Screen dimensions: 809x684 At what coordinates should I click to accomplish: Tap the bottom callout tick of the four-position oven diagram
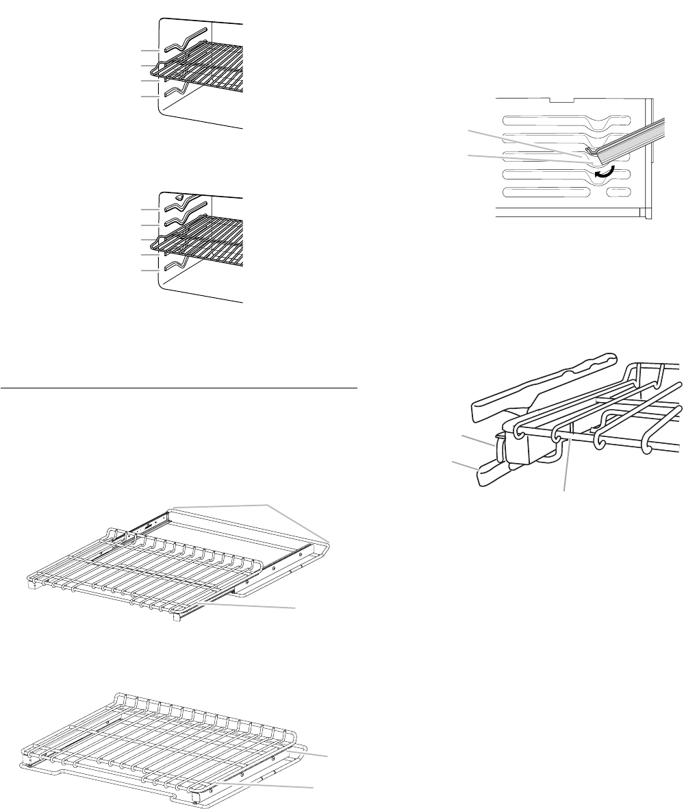[150, 97]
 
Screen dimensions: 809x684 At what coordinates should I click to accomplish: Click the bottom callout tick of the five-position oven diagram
[150, 271]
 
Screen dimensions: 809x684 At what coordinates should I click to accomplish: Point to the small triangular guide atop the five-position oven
[179, 197]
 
